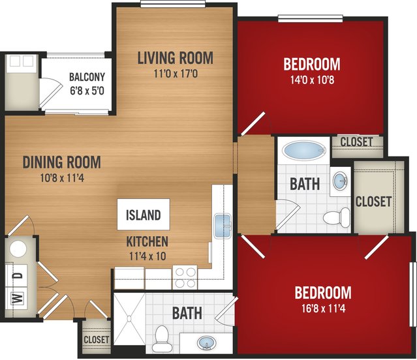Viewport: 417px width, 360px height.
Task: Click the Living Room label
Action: pos(176,58)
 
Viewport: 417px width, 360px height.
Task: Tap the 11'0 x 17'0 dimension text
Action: pos(176,74)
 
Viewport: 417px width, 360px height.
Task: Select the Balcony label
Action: pos(87,77)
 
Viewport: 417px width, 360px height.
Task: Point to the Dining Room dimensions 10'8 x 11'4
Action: pos(62,178)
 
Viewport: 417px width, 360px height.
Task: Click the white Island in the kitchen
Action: pos(144,215)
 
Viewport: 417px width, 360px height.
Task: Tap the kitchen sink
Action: pos(223,226)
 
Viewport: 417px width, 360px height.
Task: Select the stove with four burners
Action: pos(185,277)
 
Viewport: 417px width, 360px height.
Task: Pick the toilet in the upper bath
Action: pos(337,217)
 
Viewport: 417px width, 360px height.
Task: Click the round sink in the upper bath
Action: pos(341,181)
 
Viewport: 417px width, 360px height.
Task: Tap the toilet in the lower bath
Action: pos(161,339)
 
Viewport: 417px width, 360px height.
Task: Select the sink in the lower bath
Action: pos(206,343)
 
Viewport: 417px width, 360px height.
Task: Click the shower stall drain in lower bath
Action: pos(129,318)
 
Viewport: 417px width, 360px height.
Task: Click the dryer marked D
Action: pos(16,276)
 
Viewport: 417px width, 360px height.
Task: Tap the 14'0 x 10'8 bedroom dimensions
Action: pos(312,80)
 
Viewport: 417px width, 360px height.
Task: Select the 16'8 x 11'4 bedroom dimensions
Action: pos(324,308)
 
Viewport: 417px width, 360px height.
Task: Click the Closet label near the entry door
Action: pos(97,340)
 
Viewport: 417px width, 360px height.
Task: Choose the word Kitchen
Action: pos(147,241)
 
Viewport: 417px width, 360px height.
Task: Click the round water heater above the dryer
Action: pos(18,249)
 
